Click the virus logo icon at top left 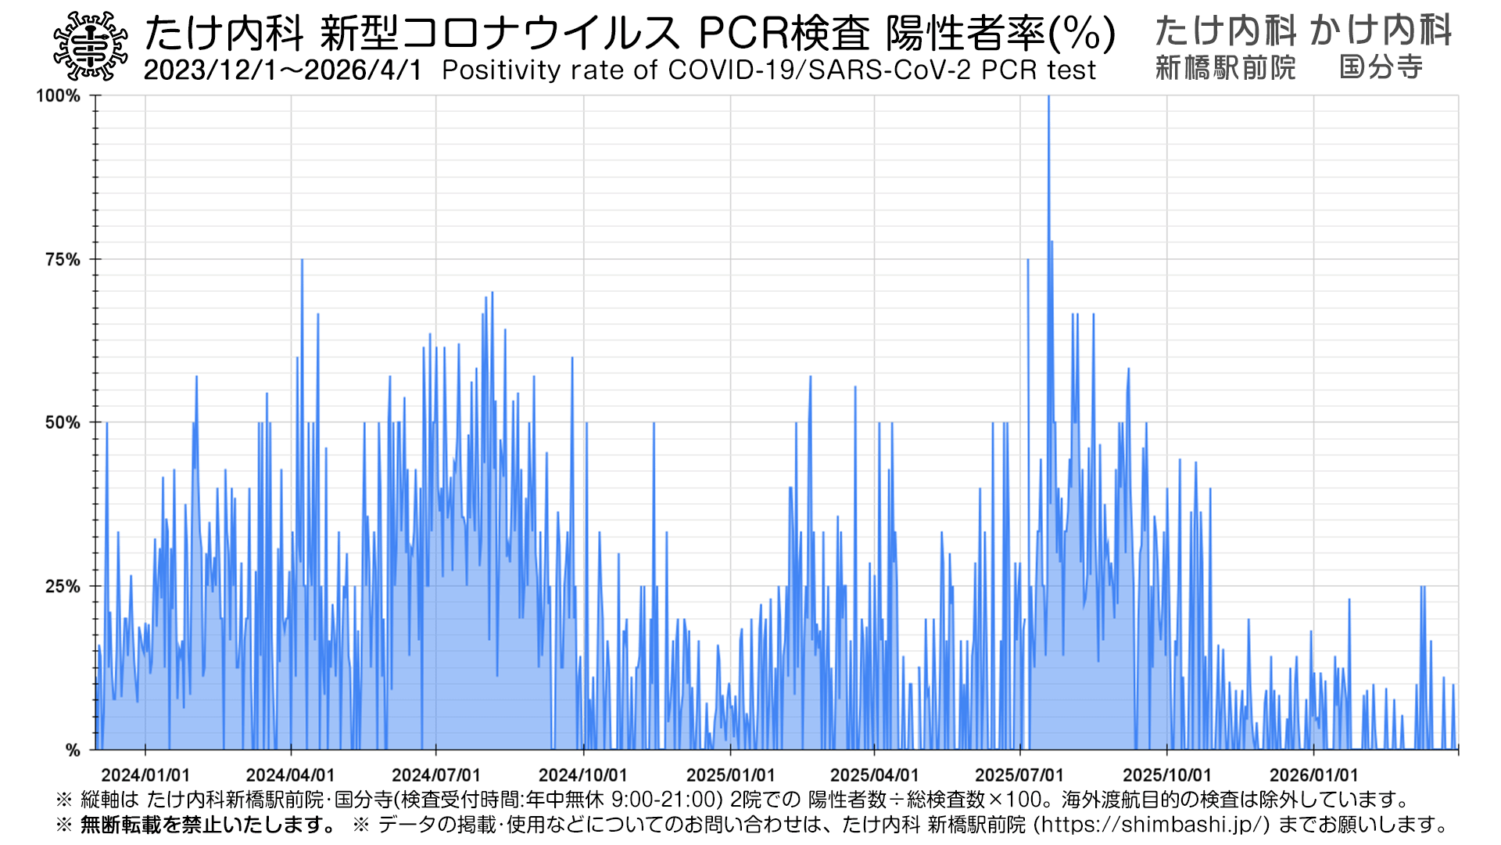[91, 46]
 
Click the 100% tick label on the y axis [59, 96]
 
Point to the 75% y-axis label [63, 260]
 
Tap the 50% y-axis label [63, 423]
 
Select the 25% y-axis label [63, 587]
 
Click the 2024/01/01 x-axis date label [145, 775]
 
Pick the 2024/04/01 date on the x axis [291, 775]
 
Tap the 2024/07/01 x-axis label [436, 775]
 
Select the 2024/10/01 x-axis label [583, 775]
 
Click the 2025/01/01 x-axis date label [730, 775]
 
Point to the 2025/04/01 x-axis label [874, 775]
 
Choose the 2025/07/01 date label [1019, 775]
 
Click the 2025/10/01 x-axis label [1166, 775]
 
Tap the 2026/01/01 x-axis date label [1313, 775]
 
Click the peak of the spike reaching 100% [1048, 97]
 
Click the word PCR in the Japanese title [743, 34]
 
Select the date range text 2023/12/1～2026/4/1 [283, 70]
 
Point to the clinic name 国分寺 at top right [1381, 68]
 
